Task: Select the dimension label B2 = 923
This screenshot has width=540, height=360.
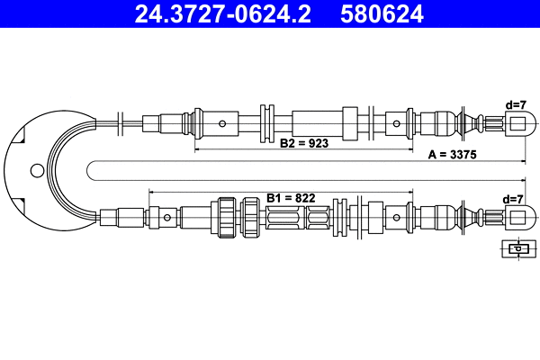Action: coord(303,143)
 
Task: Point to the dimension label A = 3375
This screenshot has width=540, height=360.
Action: coord(452,155)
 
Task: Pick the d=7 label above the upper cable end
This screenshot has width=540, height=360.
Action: coord(515,104)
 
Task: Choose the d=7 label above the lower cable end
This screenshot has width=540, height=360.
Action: coord(515,198)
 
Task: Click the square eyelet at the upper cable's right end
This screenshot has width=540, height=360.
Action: coord(516,121)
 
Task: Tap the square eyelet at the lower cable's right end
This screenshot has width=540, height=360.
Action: coord(516,216)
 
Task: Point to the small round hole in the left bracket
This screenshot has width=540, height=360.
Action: coord(37,169)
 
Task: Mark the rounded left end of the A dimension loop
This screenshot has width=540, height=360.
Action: coord(90,169)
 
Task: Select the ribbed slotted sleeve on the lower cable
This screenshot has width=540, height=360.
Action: coord(297,217)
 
